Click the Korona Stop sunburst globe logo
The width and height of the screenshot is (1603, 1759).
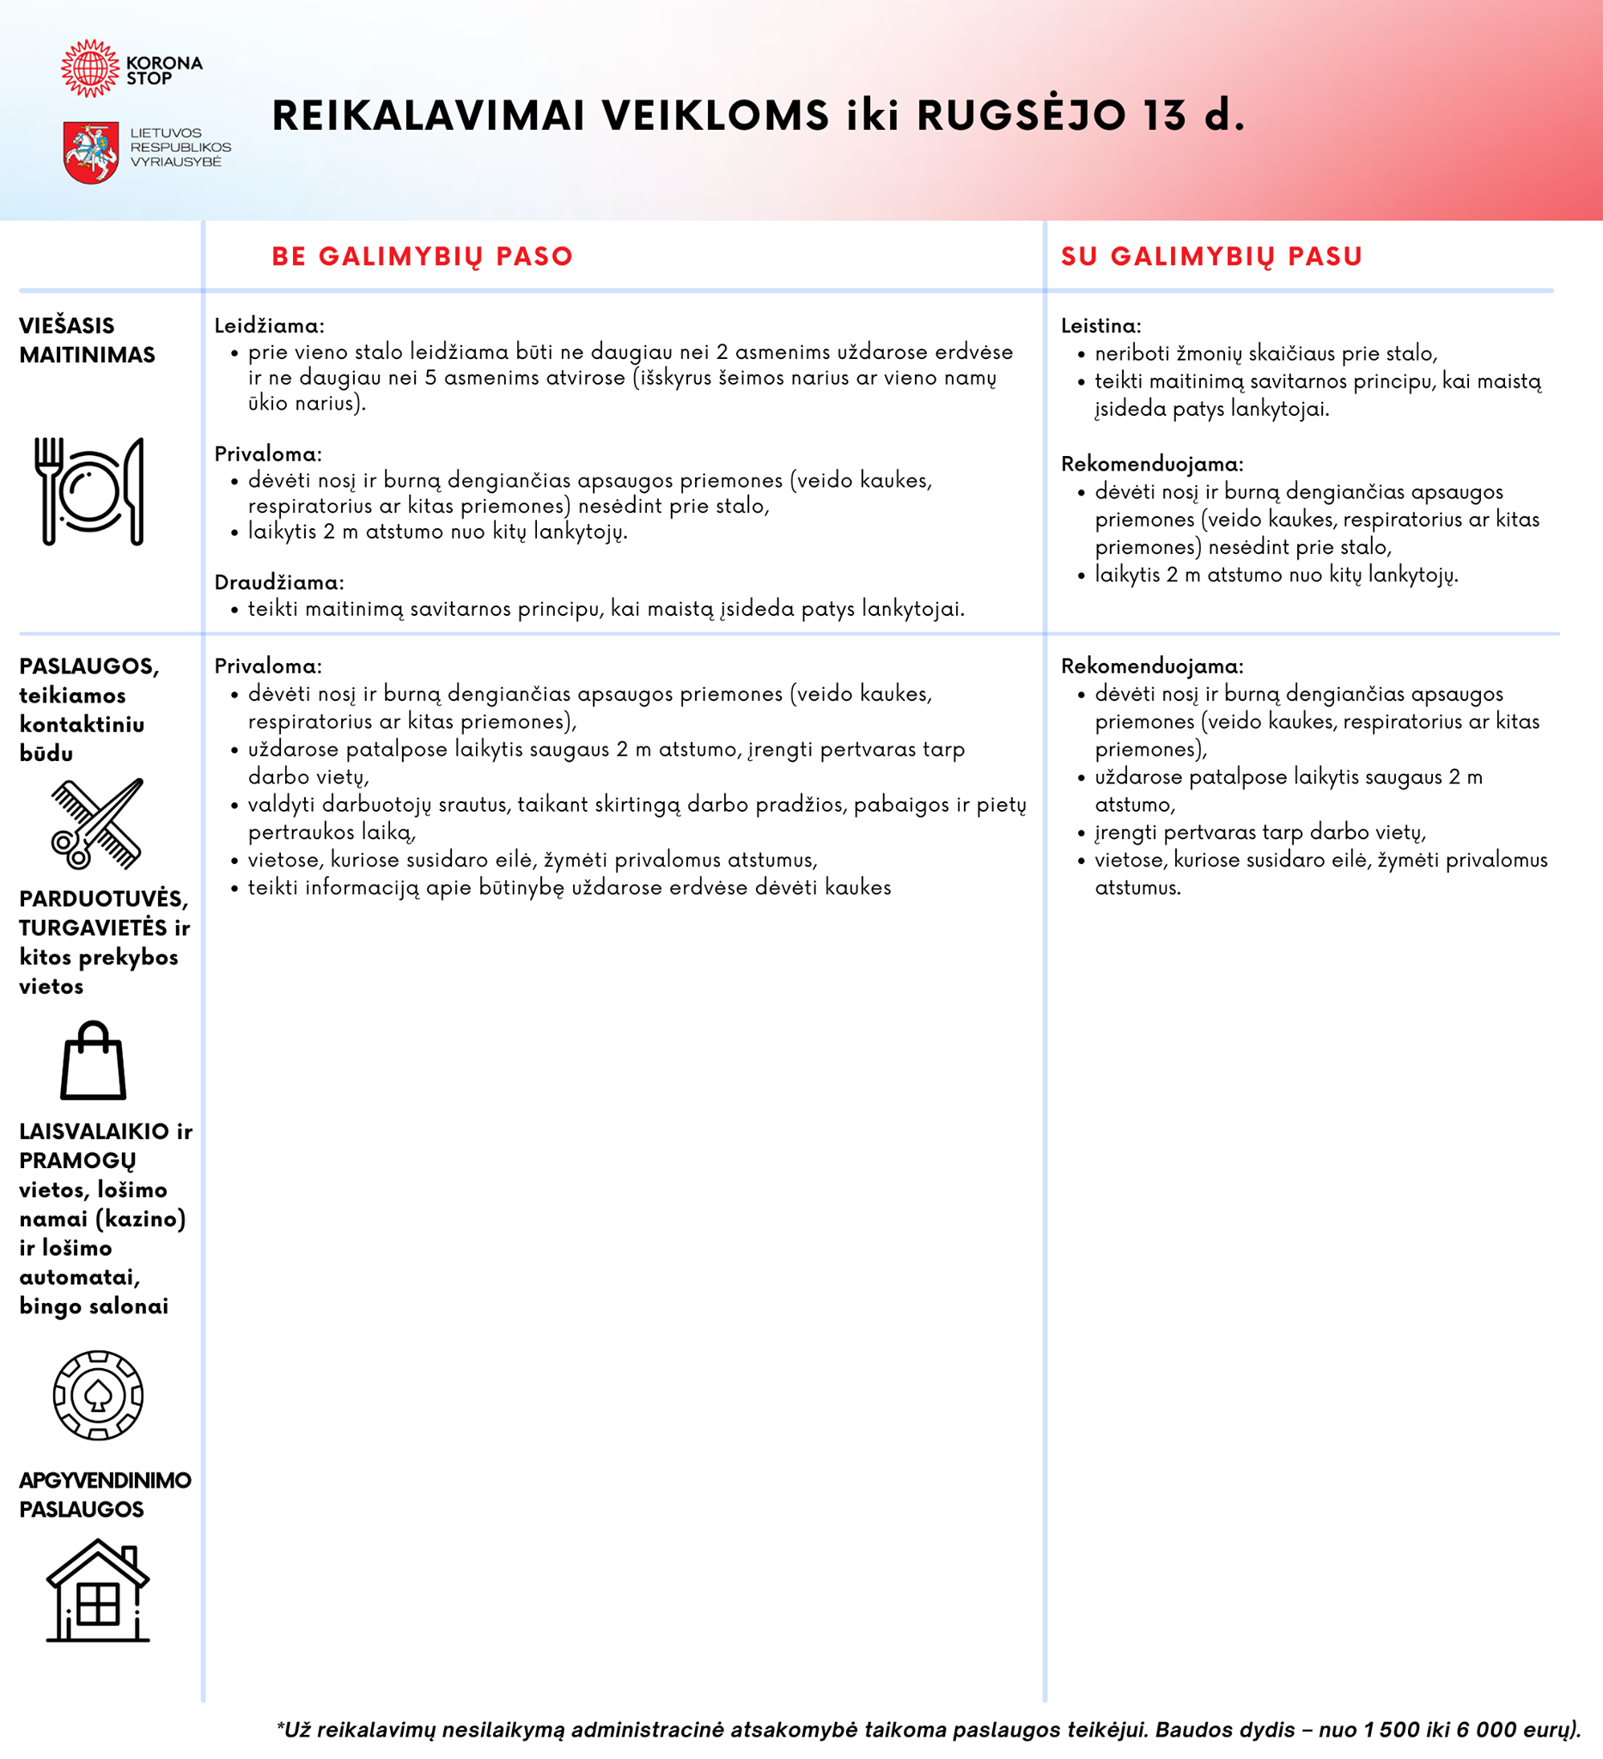click(x=90, y=68)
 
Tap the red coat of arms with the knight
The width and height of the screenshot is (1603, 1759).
click(x=91, y=153)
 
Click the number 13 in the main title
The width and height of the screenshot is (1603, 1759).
click(x=1166, y=116)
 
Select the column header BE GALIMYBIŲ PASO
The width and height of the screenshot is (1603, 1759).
click(x=423, y=257)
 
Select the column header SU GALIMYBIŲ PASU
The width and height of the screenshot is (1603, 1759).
click(x=1211, y=257)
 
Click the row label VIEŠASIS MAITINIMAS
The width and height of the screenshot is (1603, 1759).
click(x=88, y=340)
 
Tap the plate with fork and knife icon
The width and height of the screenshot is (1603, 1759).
click(x=89, y=491)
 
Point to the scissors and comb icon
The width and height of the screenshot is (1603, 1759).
click(x=97, y=824)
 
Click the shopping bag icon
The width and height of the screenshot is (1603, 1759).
click(x=94, y=1061)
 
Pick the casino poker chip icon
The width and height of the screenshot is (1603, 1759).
click(x=98, y=1395)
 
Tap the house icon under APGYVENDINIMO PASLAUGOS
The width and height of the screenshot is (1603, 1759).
click(x=98, y=1592)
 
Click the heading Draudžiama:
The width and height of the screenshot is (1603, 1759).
click(x=279, y=582)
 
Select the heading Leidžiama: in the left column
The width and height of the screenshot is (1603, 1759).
click(x=270, y=326)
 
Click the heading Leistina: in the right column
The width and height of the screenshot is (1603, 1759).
click(x=1100, y=326)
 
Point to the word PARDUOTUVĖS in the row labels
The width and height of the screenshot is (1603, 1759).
click(x=103, y=898)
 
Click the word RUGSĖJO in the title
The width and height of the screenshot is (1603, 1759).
click(x=1021, y=116)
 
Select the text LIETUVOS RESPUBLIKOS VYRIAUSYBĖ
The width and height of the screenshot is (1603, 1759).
click(x=180, y=148)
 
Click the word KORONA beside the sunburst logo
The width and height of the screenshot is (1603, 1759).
click(x=164, y=63)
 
